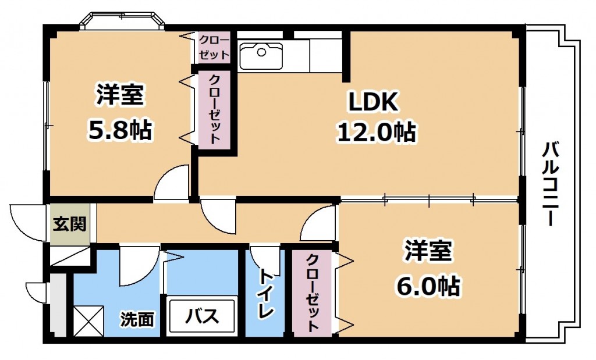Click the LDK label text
[x=373, y=101]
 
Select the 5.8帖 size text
[x=120, y=130]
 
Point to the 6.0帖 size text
[x=428, y=286]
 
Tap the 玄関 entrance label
[x=70, y=224]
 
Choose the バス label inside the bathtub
[x=201, y=316]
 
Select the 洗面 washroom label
[x=137, y=319]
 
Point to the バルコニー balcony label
[x=549, y=184]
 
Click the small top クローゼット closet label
[x=214, y=48]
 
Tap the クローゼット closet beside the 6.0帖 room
[x=312, y=293]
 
